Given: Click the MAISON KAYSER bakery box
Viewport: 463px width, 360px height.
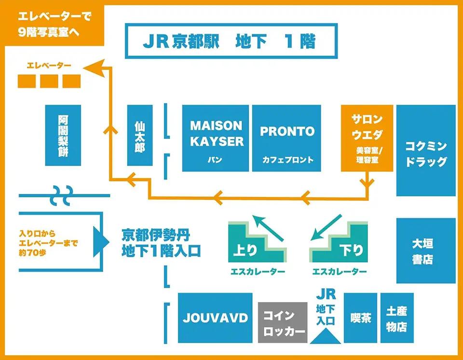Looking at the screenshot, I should (216, 138).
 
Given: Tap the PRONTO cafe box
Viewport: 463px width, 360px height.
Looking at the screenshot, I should (286, 138).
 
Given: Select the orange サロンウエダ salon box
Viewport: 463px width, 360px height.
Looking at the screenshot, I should (367, 138).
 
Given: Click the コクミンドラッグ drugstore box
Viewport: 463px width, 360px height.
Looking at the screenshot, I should (425, 150).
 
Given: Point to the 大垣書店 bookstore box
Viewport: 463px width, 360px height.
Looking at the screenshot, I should (425, 250).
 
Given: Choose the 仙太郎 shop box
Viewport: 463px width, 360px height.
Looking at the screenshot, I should (140, 136).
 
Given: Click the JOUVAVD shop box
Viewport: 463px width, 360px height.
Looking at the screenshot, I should (215, 318).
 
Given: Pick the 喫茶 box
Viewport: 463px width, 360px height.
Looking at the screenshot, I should (361, 318).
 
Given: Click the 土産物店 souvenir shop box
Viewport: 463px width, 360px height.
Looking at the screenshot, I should (397, 318).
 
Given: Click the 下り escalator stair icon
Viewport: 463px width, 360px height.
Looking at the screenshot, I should (339, 242).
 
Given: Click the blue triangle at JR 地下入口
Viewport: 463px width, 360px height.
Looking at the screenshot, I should (326, 335).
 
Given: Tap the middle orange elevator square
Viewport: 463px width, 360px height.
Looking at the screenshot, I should (49, 81).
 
